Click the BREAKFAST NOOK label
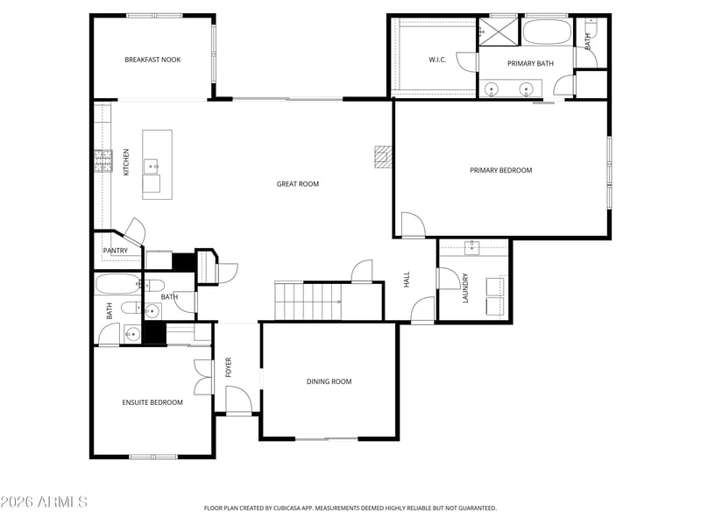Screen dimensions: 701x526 152,60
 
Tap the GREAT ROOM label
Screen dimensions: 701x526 298,184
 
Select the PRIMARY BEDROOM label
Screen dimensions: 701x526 500,170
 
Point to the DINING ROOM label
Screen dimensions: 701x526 329,381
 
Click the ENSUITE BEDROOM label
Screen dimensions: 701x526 152,402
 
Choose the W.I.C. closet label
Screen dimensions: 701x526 437,60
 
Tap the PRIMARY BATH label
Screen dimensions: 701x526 530,63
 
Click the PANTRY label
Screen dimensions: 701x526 116,251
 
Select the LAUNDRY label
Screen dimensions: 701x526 465,288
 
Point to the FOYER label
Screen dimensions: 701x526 229,366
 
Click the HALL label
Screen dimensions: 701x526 407,279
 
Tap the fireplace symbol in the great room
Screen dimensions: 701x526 383,157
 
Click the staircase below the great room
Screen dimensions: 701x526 308,301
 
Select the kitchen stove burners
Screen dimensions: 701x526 103,161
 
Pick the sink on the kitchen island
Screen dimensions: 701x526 151,166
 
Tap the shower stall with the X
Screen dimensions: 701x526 499,32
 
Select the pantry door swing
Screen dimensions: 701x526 135,231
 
